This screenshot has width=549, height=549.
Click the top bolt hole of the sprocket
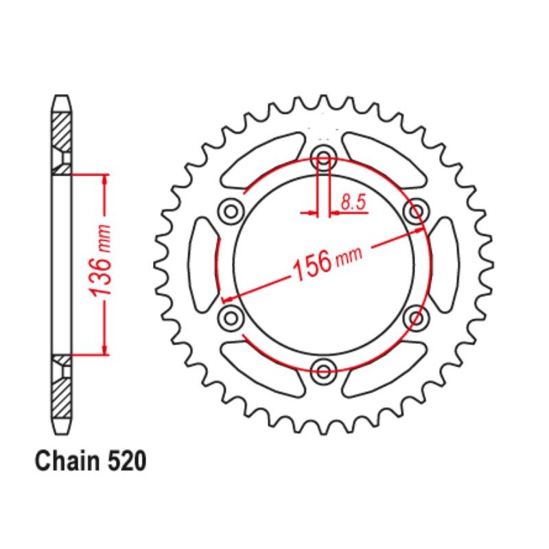click(323, 159)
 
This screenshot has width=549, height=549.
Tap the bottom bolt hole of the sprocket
click(323, 372)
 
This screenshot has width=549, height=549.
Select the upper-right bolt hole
click(416, 209)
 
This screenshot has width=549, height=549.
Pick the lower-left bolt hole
click(231, 316)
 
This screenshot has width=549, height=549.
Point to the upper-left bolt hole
click(231, 209)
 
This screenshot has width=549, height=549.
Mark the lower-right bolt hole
click(416, 316)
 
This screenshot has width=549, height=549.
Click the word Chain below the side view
click(67, 462)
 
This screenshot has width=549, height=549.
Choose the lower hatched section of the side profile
click(61, 394)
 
